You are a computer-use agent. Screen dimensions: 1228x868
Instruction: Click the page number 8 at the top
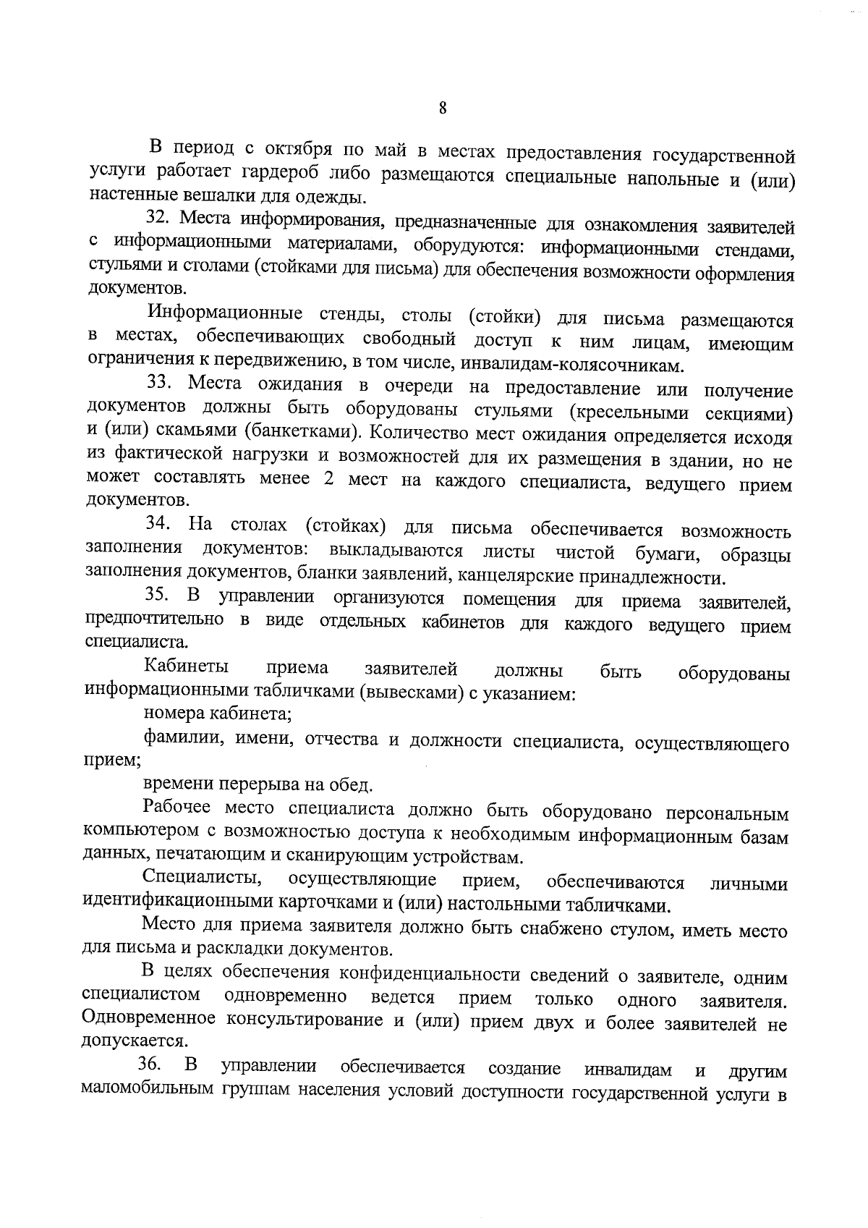pyautogui.click(x=443, y=109)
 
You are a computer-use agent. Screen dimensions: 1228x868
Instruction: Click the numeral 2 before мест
pyautogui.click(x=328, y=480)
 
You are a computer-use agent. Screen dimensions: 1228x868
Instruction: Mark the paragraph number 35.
pyautogui.click(x=158, y=596)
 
